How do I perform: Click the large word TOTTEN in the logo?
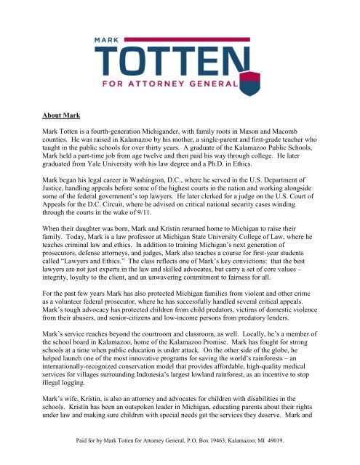[x=180, y=63]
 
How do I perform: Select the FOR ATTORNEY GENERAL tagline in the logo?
[x=180, y=85]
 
